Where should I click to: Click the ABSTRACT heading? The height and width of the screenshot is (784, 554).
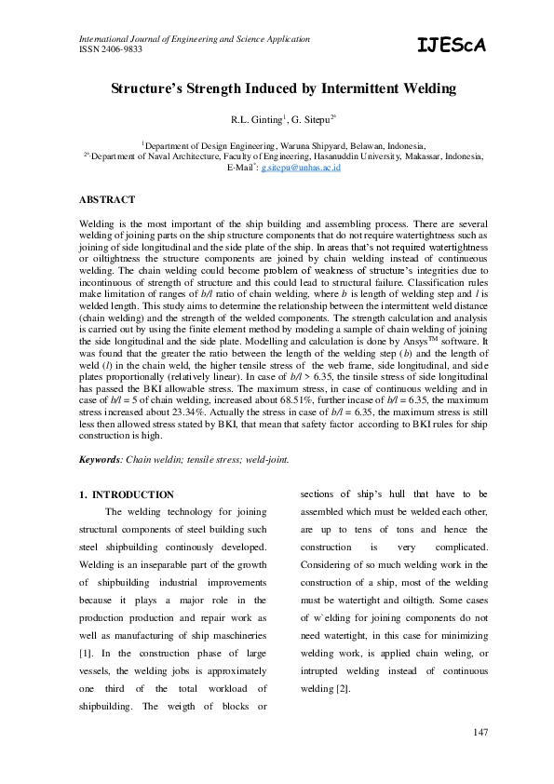tap(107, 199)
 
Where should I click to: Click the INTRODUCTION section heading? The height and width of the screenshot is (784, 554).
tap(132, 494)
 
